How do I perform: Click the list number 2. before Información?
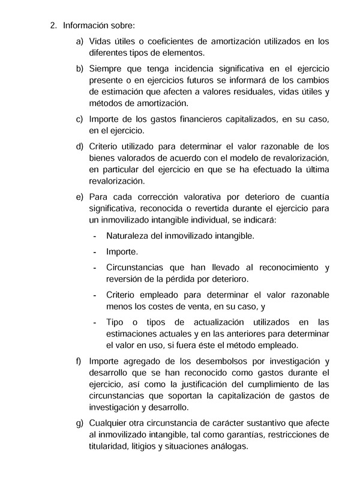(x=53, y=26)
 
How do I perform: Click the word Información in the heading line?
(x=85, y=26)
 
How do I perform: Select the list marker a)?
(x=79, y=41)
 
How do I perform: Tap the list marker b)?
(x=79, y=68)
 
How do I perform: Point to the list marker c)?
(x=79, y=119)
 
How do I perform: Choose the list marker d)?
(x=79, y=146)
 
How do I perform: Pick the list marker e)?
(x=79, y=196)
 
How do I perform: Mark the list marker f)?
(x=79, y=361)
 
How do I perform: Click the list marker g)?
(x=79, y=423)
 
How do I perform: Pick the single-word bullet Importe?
(x=122, y=251)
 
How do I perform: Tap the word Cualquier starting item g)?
(x=110, y=423)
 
